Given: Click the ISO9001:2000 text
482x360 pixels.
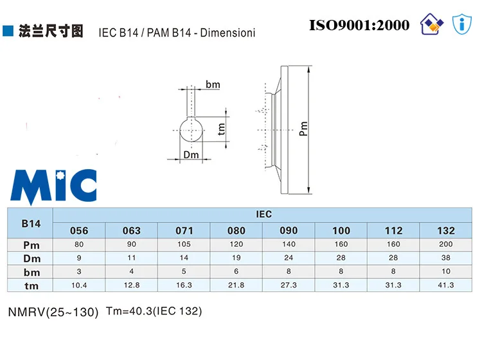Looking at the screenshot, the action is [359, 25].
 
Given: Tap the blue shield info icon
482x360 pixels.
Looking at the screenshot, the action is [461, 24].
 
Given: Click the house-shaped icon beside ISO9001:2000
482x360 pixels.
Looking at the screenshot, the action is [432, 24].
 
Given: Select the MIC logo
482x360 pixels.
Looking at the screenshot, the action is [54, 186].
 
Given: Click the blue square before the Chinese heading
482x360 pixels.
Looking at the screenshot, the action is [8, 31].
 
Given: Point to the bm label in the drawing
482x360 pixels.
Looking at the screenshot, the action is [213, 84].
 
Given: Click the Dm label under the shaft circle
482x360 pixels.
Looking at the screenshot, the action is [191, 155].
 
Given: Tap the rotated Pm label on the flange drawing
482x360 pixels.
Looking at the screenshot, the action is [303, 129].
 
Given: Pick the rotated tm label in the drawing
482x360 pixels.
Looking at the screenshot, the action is [221, 129].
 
